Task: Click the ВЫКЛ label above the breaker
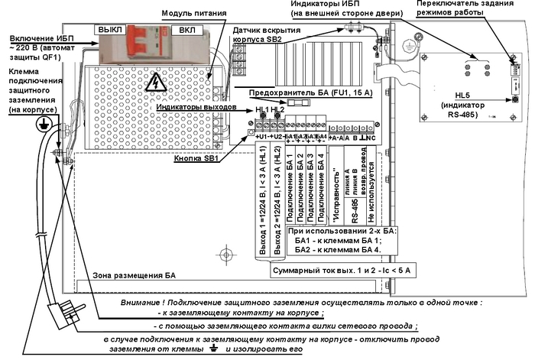109,28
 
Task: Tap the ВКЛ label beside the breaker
183,28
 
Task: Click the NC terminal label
372,137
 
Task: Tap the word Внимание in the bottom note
146,303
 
